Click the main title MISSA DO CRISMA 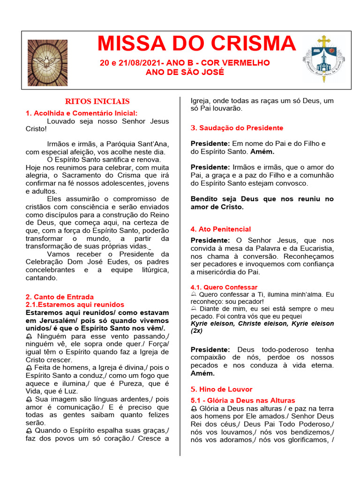(x=196, y=44)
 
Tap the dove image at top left (x=47, y=63)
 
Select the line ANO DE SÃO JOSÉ (x=185, y=72)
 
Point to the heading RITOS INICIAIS (x=97, y=101)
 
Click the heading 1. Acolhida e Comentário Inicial (x=82, y=113)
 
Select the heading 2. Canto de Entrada (x=60, y=297)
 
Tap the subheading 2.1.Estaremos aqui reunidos (x=75, y=305)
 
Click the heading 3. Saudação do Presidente (x=237, y=128)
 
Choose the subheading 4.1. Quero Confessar (x=224, y=287)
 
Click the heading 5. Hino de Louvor (x=221, y=389)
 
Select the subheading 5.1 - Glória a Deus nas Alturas (x=243, y=400)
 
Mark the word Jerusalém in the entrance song (x=54, y=320)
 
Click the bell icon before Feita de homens (x=29, y=368)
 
